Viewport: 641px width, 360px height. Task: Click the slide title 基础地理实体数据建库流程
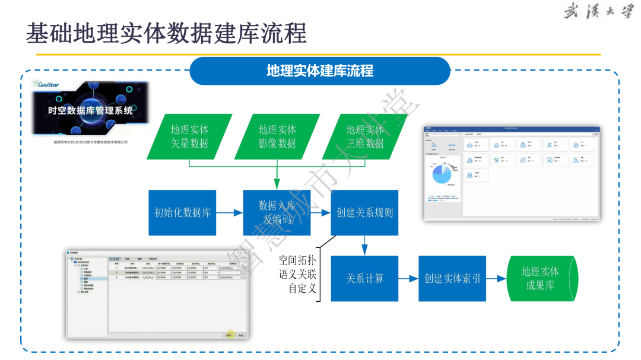point(166,33)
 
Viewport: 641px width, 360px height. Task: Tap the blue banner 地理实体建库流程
point(320,71)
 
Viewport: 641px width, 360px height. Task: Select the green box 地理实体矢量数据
point(189,136)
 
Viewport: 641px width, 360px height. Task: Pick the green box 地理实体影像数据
point(277,136)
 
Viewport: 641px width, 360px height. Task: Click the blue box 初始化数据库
point(182,212)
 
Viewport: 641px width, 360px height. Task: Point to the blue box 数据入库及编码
point(277,212)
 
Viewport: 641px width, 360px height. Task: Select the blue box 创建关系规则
point(364,212)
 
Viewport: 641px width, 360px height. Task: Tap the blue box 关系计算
point(364,278)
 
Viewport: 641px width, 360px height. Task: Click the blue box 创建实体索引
point(452,278)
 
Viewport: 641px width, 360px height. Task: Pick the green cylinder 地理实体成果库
point(540,278)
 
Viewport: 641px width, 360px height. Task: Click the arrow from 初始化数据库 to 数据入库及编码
point(230,212)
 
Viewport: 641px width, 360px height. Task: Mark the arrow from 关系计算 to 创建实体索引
point(408,278)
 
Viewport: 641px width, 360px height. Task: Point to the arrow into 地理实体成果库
point(496,278)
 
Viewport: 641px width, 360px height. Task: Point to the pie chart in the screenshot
point(442,174)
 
